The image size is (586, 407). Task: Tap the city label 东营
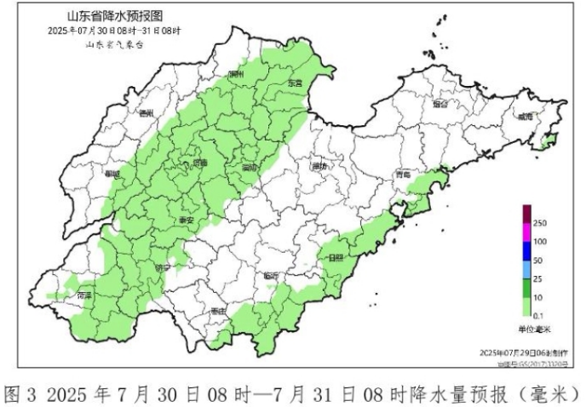coord(296,83)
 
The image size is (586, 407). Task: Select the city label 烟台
coord(439,105)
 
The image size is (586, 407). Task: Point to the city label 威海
coord(526,116)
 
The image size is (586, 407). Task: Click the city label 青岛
coord(403,175)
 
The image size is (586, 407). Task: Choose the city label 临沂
coord(271,275)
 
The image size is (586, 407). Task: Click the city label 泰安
coord(185,219)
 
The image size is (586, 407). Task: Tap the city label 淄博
coord(249,167)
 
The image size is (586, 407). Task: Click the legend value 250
coord(540,223)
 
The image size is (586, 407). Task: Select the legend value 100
coord(540,242)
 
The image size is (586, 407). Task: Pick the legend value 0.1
coord(539,316)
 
